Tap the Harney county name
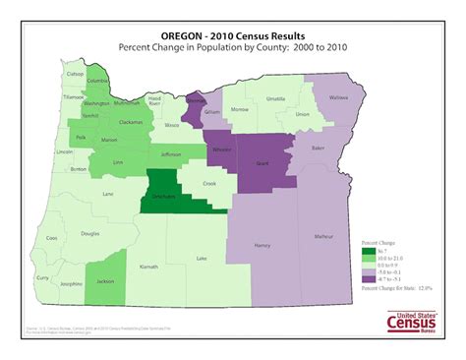tap(262, 245)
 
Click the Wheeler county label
tap(221, 150)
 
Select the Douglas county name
tap(90, 234)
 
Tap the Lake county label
tap(202, 259)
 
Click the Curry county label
tap(41, 278)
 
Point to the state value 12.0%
tap(421, 288)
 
